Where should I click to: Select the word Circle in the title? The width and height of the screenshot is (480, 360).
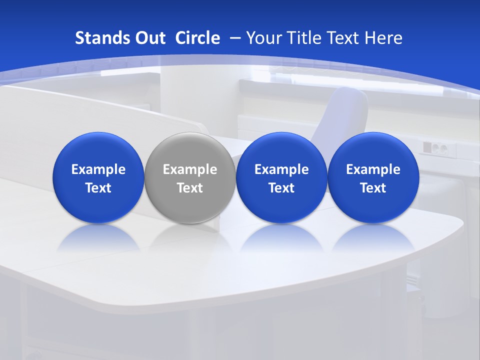click(197, 38)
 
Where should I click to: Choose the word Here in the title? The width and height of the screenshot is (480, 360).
click(383, 38)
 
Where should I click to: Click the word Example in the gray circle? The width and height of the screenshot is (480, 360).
click(190, 169)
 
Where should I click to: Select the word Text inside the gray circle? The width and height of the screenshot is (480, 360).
click(190, 188)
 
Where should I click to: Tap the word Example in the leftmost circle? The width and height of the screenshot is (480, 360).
click(98, 169)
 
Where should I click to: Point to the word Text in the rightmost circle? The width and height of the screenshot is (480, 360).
click(373, 188)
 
